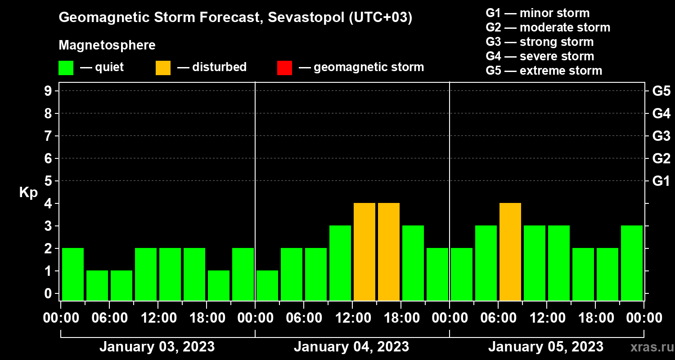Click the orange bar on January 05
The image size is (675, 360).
point(510,252)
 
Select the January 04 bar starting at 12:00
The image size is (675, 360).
point(364,252)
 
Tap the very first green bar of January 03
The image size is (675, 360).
point(73,274)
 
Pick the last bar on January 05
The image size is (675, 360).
point(632,263)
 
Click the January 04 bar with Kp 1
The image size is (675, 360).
point(267,285)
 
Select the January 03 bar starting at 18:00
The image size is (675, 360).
point(219,285)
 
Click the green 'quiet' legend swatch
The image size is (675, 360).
point(66,68)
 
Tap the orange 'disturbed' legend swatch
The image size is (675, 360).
point(163,68)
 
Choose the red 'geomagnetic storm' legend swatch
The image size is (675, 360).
point(284,68)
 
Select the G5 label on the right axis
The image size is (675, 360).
point(661,91)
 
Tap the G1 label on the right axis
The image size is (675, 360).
point(661,181)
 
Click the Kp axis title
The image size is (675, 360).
point(28,193)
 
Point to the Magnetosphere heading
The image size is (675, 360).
point(107,45)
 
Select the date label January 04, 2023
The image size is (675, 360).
point(351,347)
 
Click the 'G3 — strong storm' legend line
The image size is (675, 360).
point(540,42)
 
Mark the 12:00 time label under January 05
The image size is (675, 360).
point(546,318)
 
